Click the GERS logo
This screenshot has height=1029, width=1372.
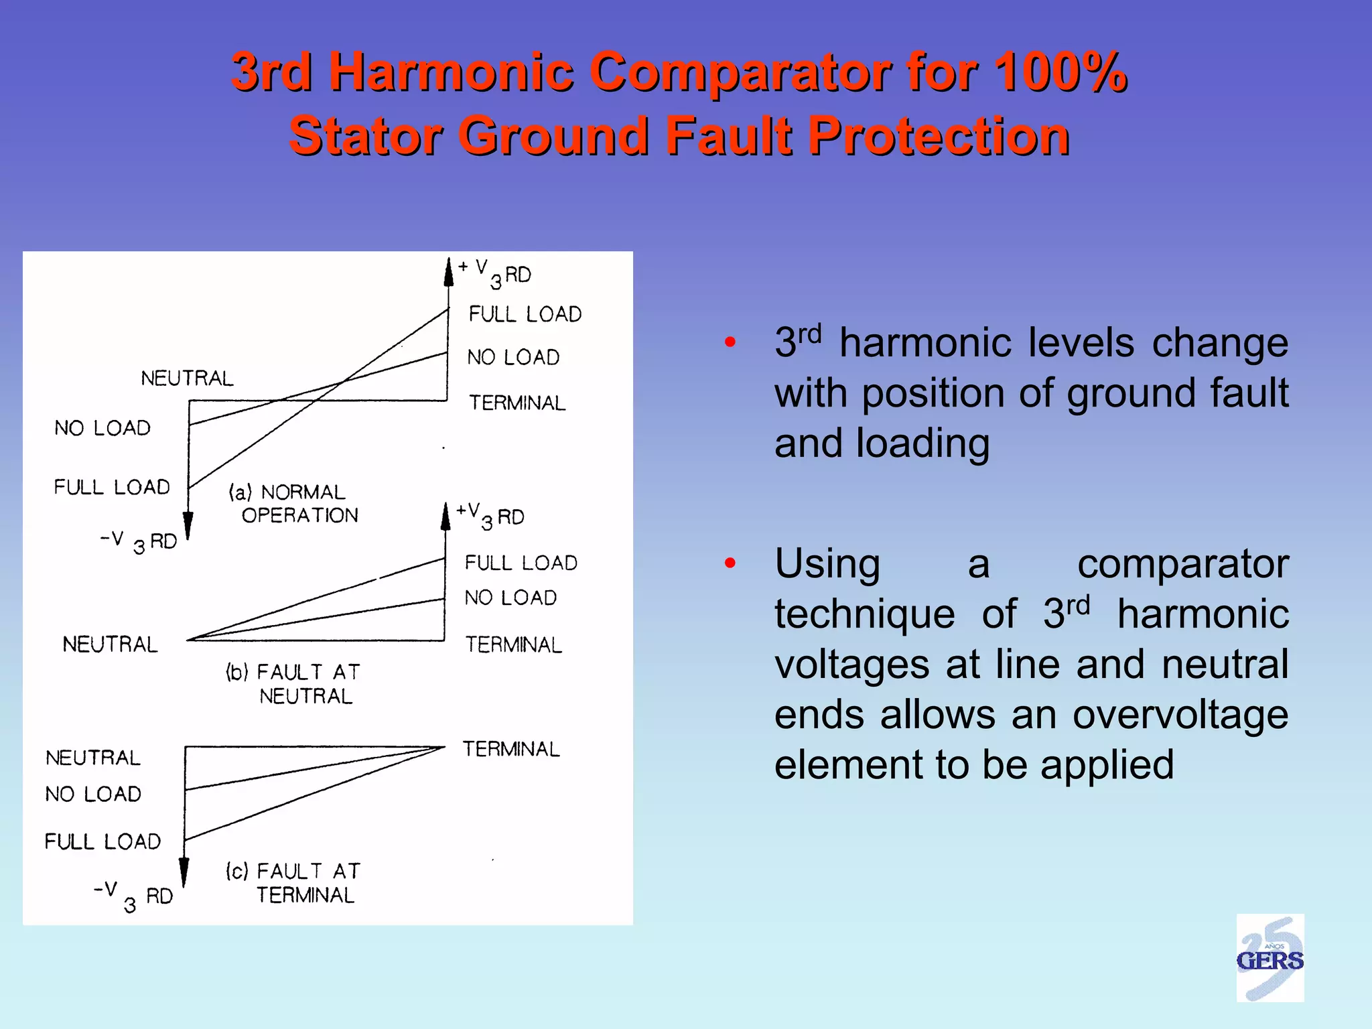click(x=1270, y=959)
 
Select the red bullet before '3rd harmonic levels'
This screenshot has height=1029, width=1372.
click(x=730, y=342)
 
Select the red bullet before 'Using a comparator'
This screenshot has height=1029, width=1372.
click(x=730, y=563)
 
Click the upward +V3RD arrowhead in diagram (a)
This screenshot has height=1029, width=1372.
click(x=449, y=272)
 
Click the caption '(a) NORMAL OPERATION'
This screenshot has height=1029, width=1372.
click(x=294, y=503)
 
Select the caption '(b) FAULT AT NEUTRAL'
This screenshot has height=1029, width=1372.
click(x=294, y=683)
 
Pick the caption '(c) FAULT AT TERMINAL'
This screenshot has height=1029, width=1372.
click(x=294, y=882)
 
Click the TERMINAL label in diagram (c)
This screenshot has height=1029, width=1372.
click(x=511, y=749)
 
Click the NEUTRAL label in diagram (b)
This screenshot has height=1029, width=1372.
click(x=111, y=644)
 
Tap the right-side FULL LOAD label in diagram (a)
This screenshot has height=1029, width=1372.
click(x=525, y=314)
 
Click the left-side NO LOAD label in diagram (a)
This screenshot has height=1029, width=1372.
click(x=102, y=428)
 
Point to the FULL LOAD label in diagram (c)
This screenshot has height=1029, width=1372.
click(x=102, y=841)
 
